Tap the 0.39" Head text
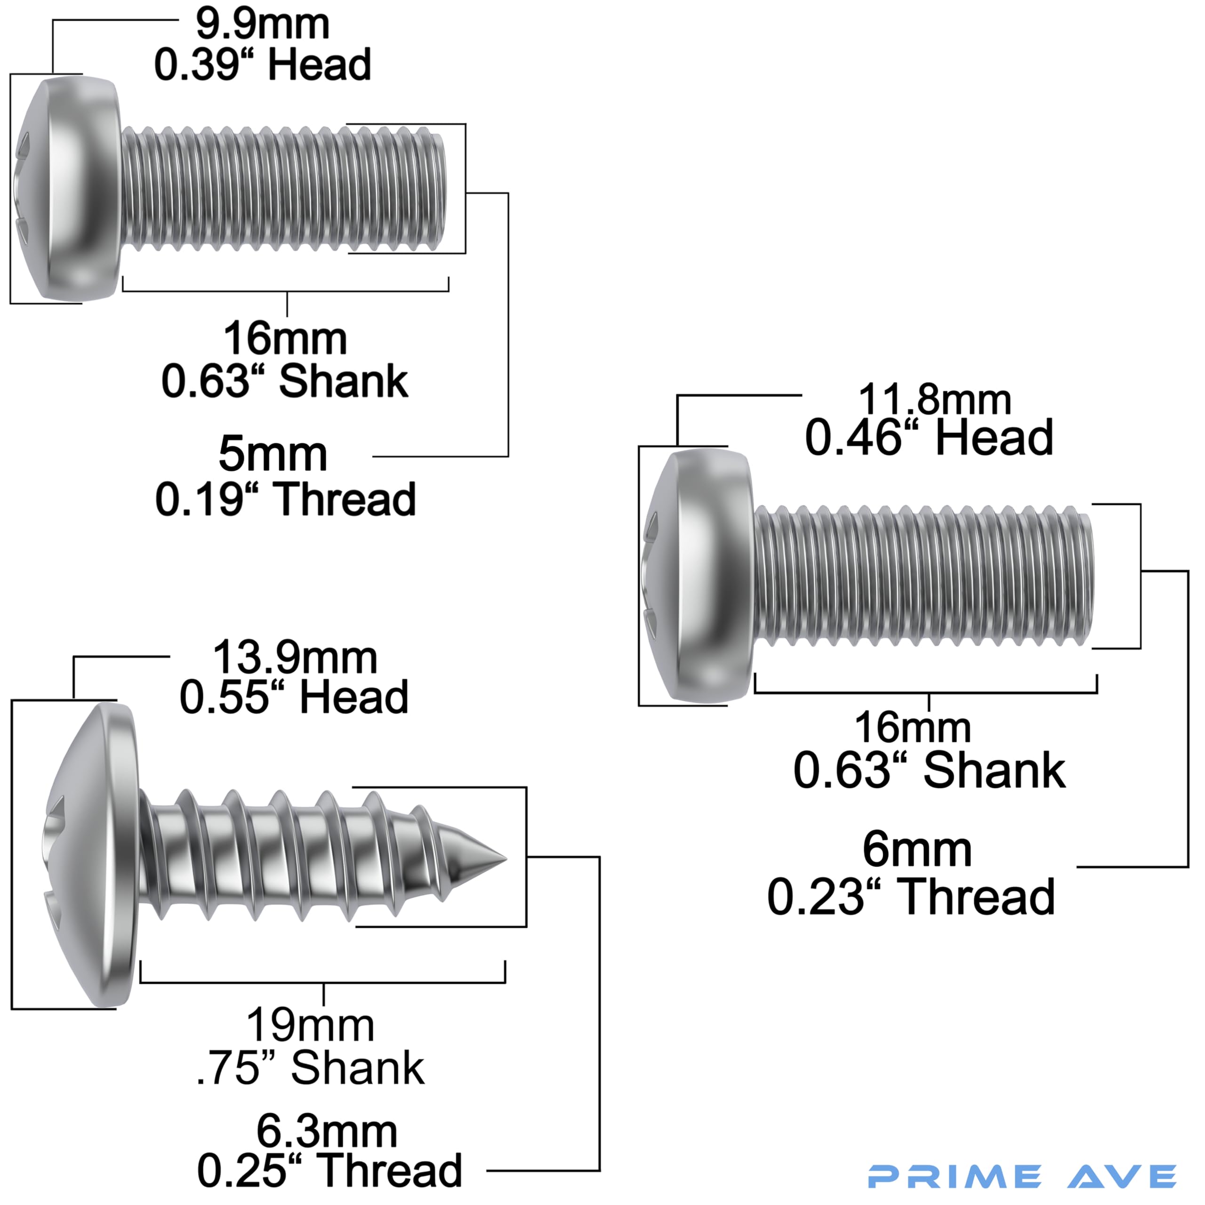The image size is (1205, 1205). tap(263, 65)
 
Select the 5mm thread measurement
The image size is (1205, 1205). tap(273, 455)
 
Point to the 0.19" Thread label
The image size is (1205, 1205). tap(285, 499)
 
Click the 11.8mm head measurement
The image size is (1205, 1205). tap(934, 399)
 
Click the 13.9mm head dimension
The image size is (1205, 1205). tap(295, 658)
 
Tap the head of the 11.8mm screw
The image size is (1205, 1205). tap(697, 576)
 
